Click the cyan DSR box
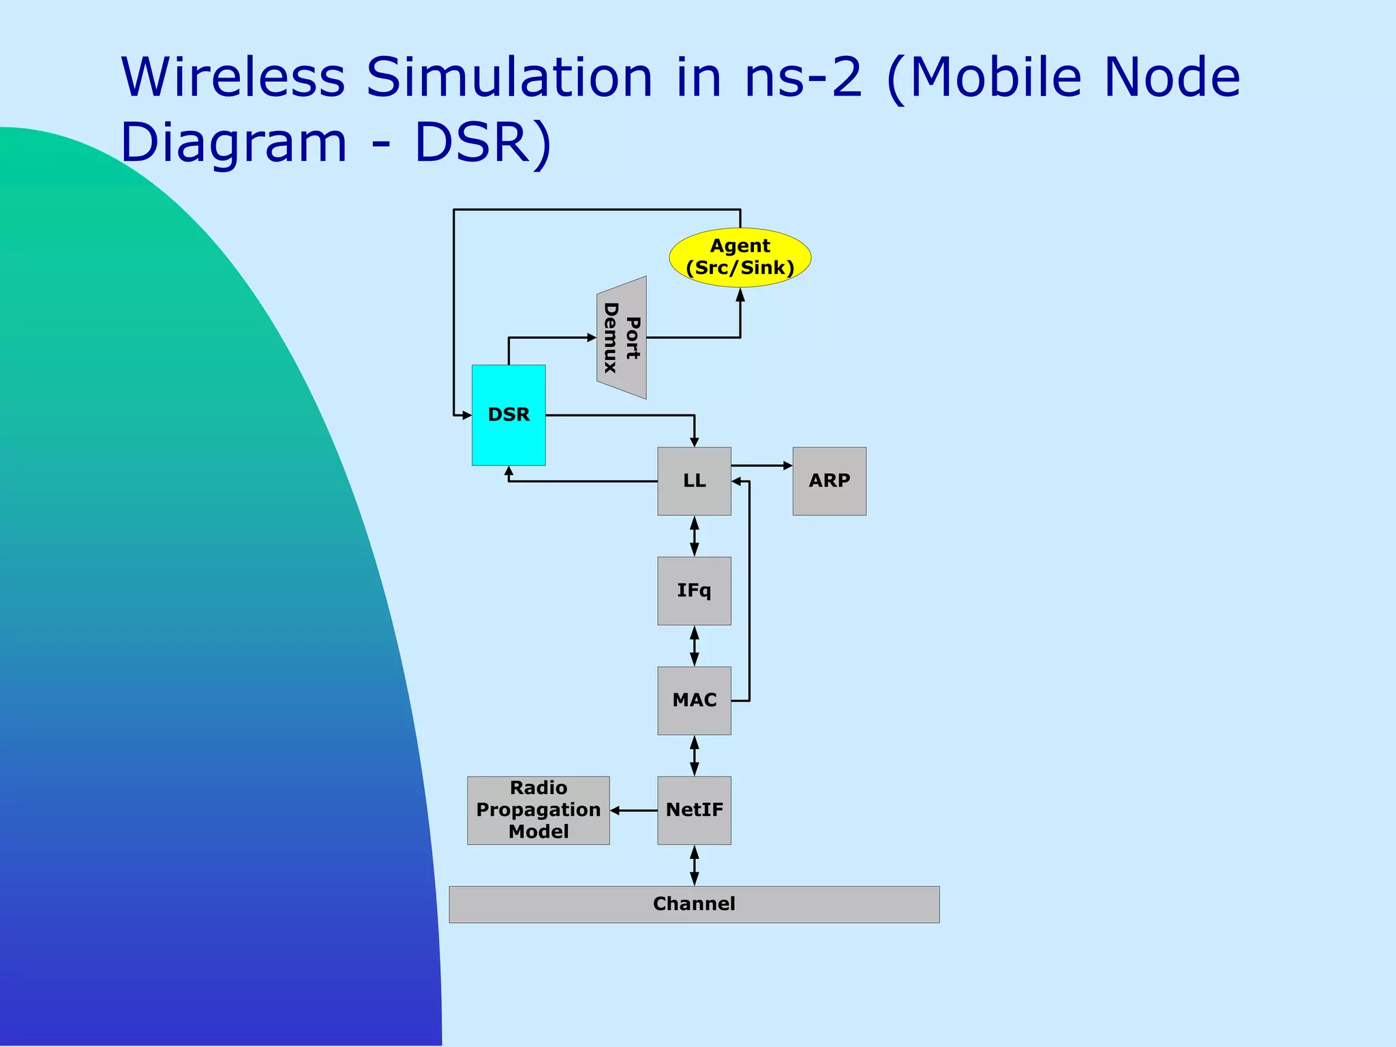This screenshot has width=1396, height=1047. coord(509,415)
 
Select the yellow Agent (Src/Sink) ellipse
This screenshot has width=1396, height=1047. coord(740,257)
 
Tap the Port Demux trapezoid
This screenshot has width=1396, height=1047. coord(622,337)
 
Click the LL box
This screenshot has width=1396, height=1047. coord(694,481)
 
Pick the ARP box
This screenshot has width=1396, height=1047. coord(829,481)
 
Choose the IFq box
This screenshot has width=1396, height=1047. coord(694,591)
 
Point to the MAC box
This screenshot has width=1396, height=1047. coord(694,701)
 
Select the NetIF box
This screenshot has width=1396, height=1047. coord(694,810)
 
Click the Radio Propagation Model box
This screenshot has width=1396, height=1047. coord(538,810)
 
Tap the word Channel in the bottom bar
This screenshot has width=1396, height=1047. coord(694,904)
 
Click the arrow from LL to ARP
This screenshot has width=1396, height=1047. coord(762,466)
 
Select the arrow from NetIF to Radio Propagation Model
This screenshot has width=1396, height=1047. coord(634,810)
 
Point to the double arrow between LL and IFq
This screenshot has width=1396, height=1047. coord(694,536)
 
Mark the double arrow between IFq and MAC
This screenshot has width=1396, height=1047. coord(694,646)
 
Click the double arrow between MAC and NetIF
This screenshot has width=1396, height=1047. coord(694,756)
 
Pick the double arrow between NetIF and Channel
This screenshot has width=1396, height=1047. coord(694,866)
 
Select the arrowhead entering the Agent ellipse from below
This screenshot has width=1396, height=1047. coord(740,294)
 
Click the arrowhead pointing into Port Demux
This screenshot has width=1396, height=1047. coord(592,337)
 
